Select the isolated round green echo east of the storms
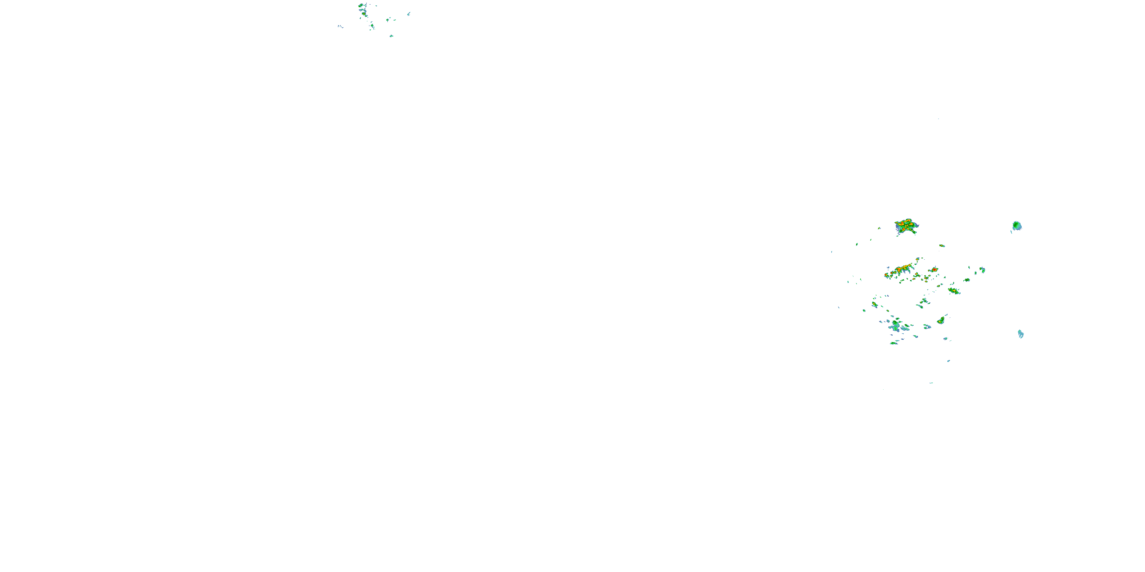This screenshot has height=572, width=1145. click(1016, 226)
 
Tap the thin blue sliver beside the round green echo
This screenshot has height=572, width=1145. click(1011, 232)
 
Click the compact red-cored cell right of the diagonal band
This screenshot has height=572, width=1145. click(934, 270)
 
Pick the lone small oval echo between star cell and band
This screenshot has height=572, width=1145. click(942, 246)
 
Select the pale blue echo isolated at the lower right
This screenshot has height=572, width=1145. click(1021, 334)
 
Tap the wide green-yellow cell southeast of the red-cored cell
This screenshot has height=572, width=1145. click(953, 291)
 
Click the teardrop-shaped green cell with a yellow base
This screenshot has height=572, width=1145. click(941, 320)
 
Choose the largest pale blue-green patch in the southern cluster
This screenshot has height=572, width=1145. click(895, 328)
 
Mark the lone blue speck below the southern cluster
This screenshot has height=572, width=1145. click(948, 361)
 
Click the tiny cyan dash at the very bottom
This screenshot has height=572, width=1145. click(931, 382)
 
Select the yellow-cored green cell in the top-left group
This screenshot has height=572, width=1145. click(364, 14)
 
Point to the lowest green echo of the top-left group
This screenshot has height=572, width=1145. click(391, 36)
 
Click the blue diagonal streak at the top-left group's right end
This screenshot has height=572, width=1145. click(408, 14)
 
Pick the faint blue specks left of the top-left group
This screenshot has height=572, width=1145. click(340, 27)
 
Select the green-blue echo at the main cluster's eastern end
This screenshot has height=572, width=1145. click(982, 270)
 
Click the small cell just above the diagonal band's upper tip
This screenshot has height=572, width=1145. click(918, 259)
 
